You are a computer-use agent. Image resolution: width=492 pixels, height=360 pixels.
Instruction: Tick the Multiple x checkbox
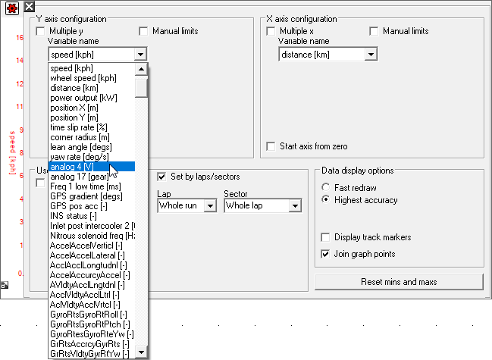271,31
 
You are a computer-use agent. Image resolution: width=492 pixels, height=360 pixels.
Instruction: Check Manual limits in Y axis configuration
144,31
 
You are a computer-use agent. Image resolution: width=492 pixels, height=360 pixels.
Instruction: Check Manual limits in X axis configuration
374,31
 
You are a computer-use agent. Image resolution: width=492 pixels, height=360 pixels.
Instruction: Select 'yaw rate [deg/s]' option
79,157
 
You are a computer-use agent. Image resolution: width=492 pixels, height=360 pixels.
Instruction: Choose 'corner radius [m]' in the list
80,137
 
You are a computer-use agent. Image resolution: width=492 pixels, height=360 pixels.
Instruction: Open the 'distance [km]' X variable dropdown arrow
370,55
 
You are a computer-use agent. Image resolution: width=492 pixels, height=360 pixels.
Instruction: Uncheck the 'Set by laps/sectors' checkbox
161,177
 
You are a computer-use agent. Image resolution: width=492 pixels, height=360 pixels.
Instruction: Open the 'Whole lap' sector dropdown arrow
295,205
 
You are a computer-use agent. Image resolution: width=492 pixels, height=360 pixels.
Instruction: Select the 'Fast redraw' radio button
326,187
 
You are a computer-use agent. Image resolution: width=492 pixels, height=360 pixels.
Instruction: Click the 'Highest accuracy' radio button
326,200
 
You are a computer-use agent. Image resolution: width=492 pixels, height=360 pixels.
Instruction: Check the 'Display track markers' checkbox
326,236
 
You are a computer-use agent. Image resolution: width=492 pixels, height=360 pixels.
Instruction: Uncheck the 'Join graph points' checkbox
326,254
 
